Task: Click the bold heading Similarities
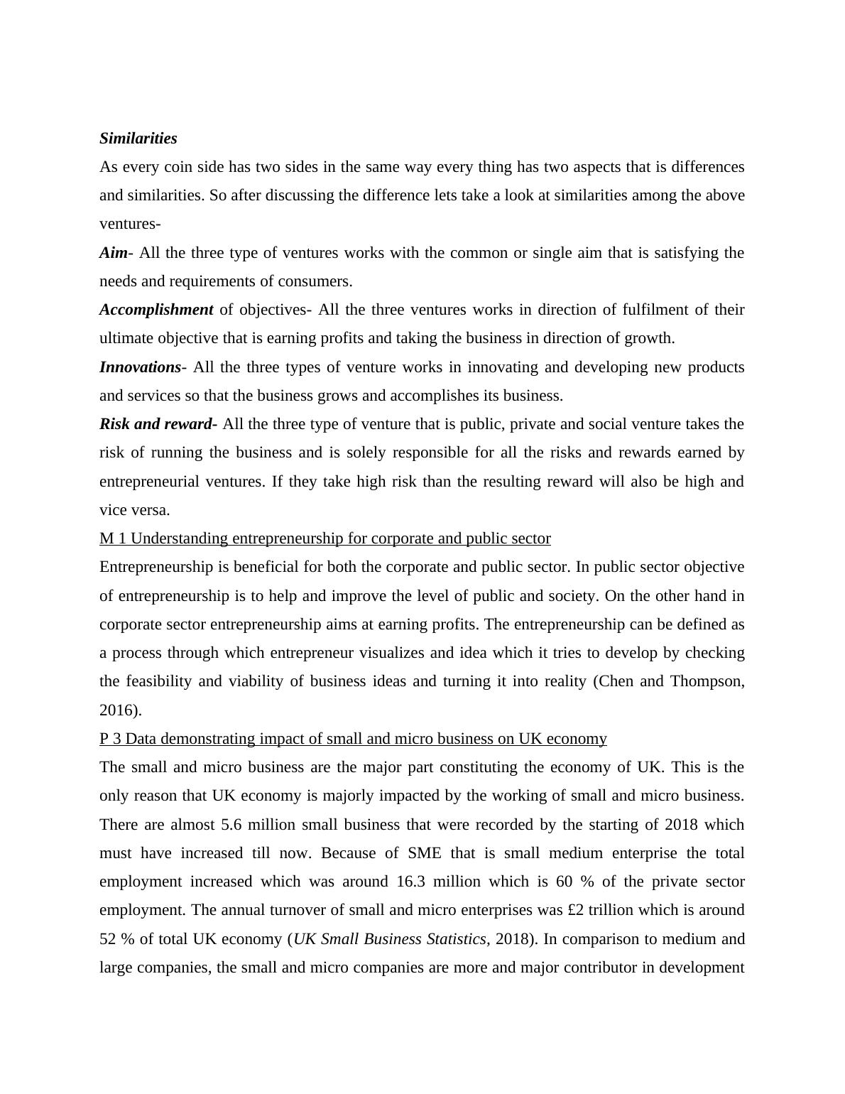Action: click(x=138, y=139)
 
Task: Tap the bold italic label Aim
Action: click(x=113, y=253)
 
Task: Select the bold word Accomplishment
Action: click(x=156, y=310)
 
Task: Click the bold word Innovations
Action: click(x=141, y=367)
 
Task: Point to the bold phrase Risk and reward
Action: click(x=158, y=424)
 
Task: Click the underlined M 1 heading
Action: click(x=325, y=538)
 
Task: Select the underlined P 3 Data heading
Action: click(x=353, y=739)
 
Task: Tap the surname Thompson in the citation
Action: click(x=707, y=681)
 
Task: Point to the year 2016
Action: click(x=118, y=710)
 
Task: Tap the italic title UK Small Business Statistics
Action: click(x=390, y=939)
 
